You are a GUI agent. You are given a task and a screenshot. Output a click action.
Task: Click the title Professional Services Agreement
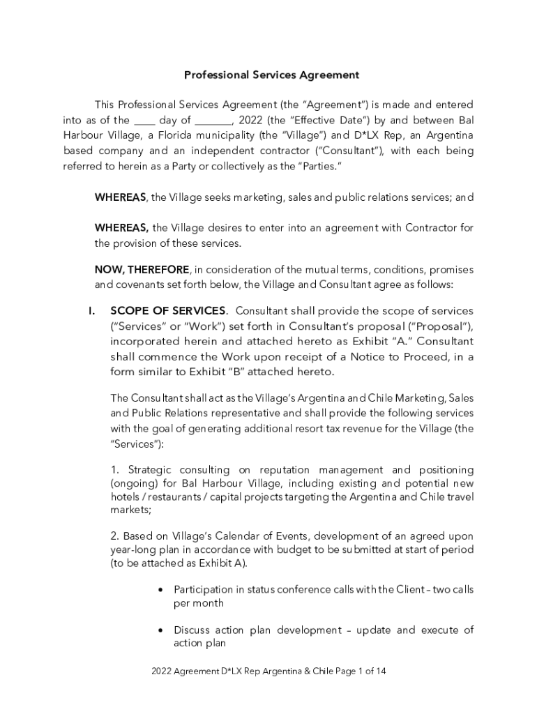coord(271,74)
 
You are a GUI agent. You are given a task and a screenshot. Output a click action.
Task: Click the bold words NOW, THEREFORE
coord(142,270)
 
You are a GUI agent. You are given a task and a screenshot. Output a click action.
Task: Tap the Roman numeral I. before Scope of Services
coord(91,310)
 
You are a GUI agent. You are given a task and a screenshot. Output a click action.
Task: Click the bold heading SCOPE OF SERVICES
coord(167,310)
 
